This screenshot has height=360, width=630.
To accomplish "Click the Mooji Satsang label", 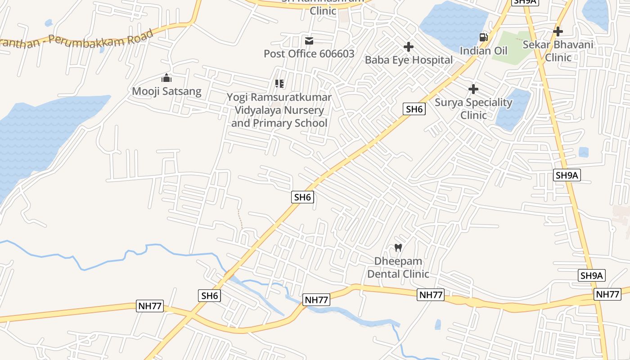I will tap(166, 91).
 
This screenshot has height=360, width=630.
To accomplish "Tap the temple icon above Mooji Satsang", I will tap(166, 78).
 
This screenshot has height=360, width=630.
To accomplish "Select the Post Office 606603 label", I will tap(309, 54).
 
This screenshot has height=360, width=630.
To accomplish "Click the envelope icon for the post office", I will tap(309, 41).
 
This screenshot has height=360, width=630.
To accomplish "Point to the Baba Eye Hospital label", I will tap(409, 60).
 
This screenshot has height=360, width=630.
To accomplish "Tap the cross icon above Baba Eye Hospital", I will tap(409, 47).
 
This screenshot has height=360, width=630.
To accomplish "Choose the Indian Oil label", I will tap(483, 50).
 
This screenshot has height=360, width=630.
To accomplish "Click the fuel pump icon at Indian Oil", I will tap(483, 37).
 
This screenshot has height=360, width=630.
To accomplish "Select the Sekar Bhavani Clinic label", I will tap(558, 51).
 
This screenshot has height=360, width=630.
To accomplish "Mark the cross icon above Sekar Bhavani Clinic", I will tap(558, 31).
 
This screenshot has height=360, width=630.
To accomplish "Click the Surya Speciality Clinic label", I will tap(473, 108).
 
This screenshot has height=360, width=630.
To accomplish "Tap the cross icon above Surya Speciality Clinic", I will tap(473, 89).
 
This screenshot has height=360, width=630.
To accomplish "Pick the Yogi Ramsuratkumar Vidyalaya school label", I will tap(279, 110).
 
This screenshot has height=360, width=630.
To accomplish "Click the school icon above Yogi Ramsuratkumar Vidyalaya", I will tap(279, 84).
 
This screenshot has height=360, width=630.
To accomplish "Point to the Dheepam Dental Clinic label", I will tap(398, 267).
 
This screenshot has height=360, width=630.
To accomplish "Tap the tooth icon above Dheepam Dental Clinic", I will tap(398, 247).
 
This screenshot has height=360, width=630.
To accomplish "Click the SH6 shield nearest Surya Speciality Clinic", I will tap(414, 109).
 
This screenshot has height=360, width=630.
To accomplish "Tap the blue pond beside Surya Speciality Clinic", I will tap(513, 110).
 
